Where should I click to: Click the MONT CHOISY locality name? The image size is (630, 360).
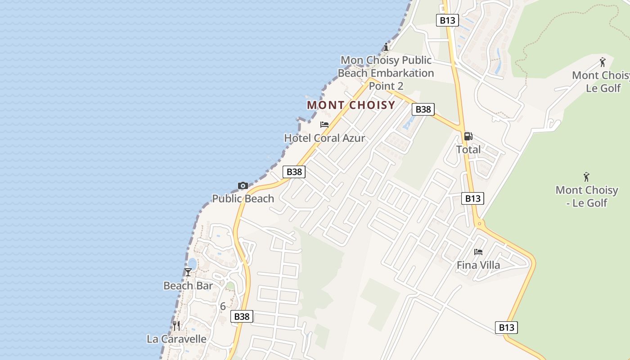point(351,105)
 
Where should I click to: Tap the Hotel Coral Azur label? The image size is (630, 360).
point(324,138)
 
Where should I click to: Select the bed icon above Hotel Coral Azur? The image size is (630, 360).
point(324,125)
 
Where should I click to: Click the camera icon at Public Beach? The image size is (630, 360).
point(243,185)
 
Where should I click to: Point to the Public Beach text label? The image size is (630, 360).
point(243,198)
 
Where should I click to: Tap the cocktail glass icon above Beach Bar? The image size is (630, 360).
point(188,272)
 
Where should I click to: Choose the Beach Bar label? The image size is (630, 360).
point(188,286)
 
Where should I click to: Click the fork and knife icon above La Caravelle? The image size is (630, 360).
point(176,325)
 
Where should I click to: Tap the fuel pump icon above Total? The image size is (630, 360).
point(468,136)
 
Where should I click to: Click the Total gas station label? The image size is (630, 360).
point(468,149)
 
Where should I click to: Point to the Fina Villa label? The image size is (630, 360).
point(478,265)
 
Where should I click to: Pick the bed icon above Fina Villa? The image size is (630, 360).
point(478,252)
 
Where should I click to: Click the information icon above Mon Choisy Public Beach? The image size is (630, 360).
point(386,47)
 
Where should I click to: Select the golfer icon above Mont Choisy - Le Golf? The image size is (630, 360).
point(586,176)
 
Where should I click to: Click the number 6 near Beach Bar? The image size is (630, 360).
point(223,306)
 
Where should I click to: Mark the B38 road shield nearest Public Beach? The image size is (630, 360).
point(294,171)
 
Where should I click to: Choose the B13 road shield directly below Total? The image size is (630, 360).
point(472,198)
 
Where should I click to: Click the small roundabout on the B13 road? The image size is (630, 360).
point(480,223)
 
